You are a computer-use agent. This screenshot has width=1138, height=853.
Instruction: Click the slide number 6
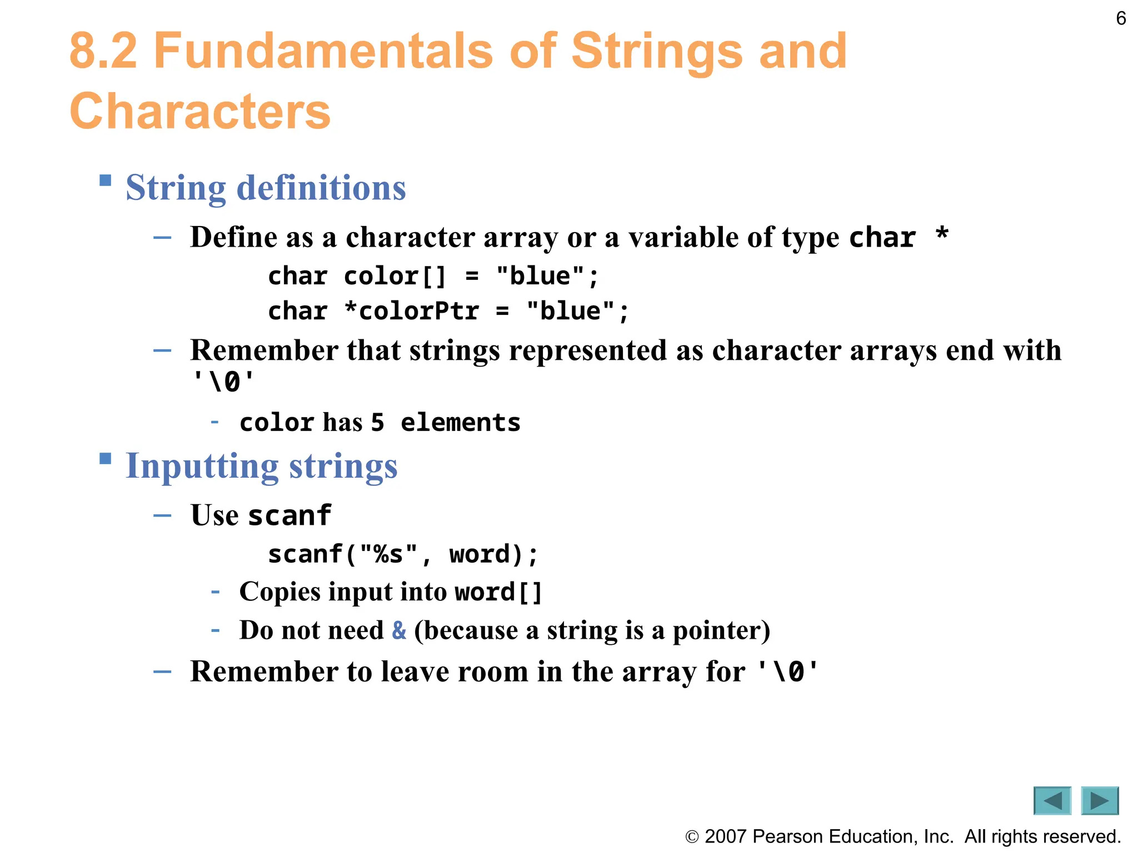click(1121, 19)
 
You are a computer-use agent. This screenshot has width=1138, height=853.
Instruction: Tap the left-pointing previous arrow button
click(1052, 800)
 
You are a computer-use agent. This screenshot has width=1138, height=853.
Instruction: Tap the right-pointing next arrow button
click(1100, 800)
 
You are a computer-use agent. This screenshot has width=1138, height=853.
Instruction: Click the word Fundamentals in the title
click(323, 51)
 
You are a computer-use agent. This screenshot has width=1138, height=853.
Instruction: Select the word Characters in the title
click(200, 112)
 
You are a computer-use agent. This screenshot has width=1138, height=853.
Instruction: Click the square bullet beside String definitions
click(106, 180)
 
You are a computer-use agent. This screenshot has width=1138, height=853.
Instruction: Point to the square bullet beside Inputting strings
click(106, 459)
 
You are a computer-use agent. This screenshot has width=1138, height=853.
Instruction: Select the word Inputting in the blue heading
click(202, 466)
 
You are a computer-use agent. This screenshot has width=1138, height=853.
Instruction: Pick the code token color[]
click(395, 277)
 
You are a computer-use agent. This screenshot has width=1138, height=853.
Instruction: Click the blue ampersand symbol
click(399, 630)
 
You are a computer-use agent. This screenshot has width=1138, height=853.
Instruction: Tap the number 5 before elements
click(377, 423)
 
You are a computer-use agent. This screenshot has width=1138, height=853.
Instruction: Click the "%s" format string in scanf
click(388, 555)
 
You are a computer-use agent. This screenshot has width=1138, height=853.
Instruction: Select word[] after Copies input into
click(498, 592)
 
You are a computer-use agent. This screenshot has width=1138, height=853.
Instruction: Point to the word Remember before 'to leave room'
click(264, 672)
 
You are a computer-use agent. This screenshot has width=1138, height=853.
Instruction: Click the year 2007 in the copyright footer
click(725, 836)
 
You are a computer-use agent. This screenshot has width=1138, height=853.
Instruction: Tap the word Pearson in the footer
click(787, 836)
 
